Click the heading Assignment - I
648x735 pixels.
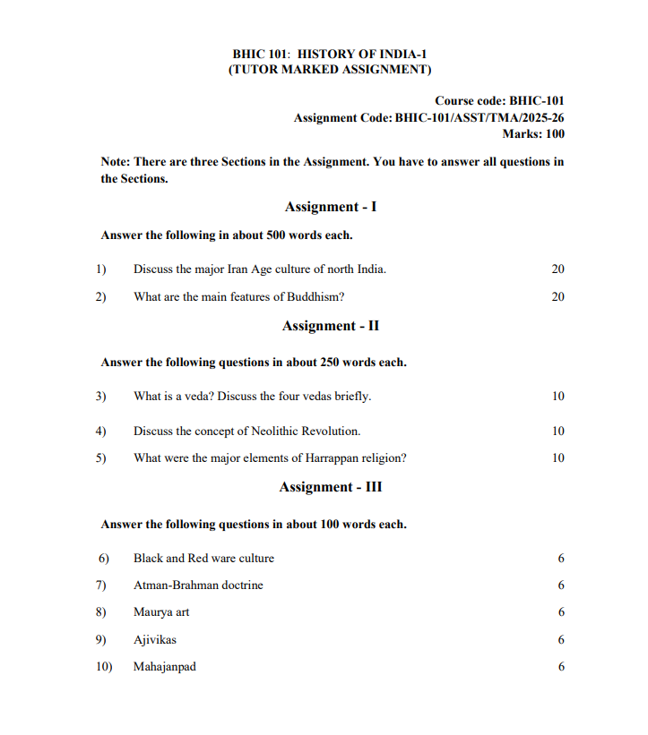[x=330, y=207]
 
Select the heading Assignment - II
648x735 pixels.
[x=330, y=326]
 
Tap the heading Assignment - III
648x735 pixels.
[x=330, y=487]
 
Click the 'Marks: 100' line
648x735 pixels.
[x=532, y=134]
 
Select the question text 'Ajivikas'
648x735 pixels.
[x=155, y=640]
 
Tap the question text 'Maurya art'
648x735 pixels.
[x=161, y=612]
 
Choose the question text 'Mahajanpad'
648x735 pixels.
[x=165, y=667]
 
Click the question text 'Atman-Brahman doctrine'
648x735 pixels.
[x=198, y=585]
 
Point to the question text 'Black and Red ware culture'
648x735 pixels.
[x=203, y=558]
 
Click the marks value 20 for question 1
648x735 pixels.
[x=557, y=269]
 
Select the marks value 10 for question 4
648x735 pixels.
[x=557, y=431]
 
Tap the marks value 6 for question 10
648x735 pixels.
[x=561, y=667]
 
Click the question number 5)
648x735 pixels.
[x=101, y=458]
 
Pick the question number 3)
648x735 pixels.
[x=101, y=396]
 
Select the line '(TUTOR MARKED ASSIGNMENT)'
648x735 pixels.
[x=330, y=70]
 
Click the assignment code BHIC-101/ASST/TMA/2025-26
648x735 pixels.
[x=480, y=117]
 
